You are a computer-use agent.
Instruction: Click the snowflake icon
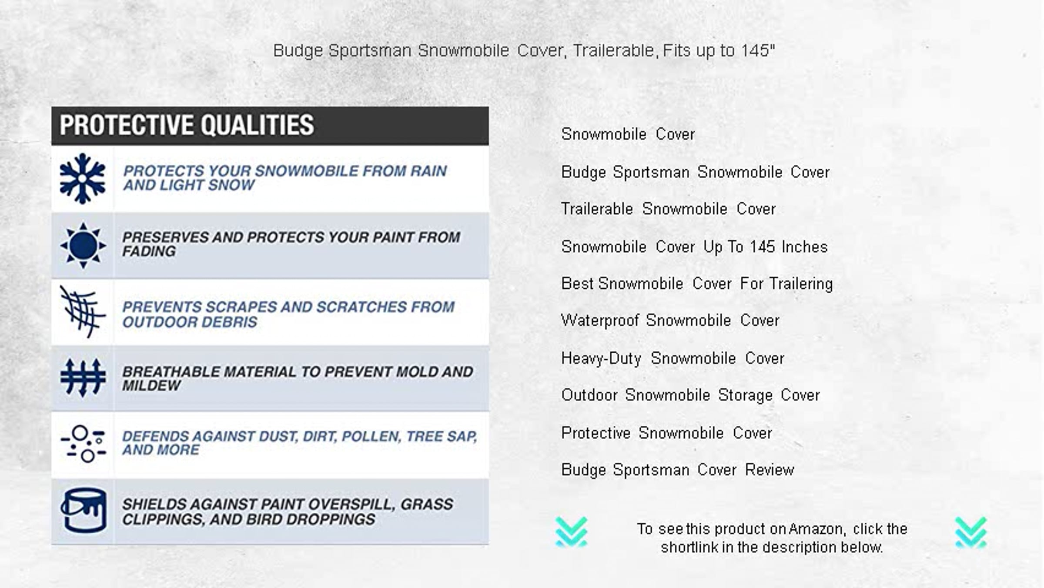[x=83, y=179]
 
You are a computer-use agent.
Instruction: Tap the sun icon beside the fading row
[x=83, y=245]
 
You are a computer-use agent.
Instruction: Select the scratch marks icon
[x=83, y=311]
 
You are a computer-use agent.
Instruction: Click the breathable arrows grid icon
[x=83, y=378]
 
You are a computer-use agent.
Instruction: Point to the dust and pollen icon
[x=83, y=444]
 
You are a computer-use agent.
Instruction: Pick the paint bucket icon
[x=83, y=511]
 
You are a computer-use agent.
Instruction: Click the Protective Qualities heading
[x=187, y=125]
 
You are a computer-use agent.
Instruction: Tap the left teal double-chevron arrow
[x=572, y=532]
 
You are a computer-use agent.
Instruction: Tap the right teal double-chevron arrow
[x=971, y=532]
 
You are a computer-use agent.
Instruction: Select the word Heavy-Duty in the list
[x=601, y=359]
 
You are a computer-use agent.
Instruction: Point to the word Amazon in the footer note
[x=816, y=529]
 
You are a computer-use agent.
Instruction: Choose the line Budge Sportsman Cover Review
[x=678, y=470]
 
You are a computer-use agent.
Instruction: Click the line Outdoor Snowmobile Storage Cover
[x=690, y=395]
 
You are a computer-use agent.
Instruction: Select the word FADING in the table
[x=149, y=251]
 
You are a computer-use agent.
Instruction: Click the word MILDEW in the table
[x=151, y=386]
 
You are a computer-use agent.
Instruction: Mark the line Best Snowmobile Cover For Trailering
[x=697, y=284]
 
